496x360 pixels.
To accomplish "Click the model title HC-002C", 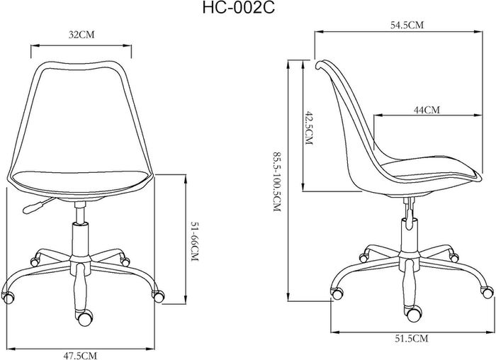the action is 239,9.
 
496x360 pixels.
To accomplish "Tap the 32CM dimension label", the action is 81,35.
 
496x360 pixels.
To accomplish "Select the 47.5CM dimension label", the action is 80,356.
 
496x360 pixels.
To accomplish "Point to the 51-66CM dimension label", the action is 195,242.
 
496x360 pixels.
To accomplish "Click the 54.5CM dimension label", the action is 407,25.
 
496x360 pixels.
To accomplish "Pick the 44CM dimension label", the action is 427,110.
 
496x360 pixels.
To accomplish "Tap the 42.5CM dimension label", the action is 308,128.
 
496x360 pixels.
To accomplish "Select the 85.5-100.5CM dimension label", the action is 277,181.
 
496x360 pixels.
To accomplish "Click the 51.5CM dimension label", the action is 411,339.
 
